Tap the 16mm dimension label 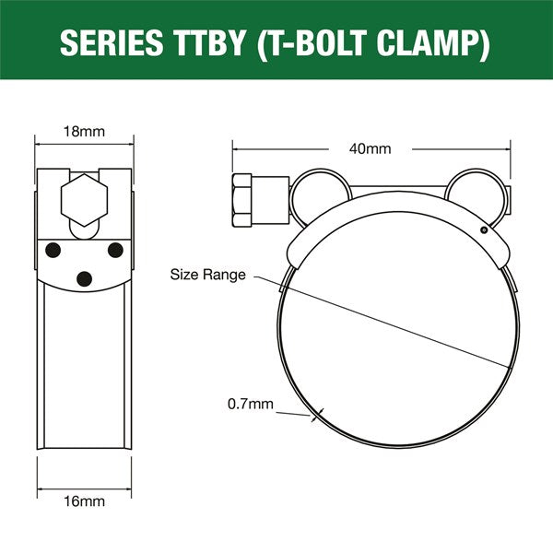point(84,501)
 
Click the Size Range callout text point(207,274)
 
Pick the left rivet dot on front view point(53,249)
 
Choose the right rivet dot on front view point(115,249)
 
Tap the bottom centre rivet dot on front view point(84,278)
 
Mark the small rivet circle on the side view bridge point(483,230)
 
